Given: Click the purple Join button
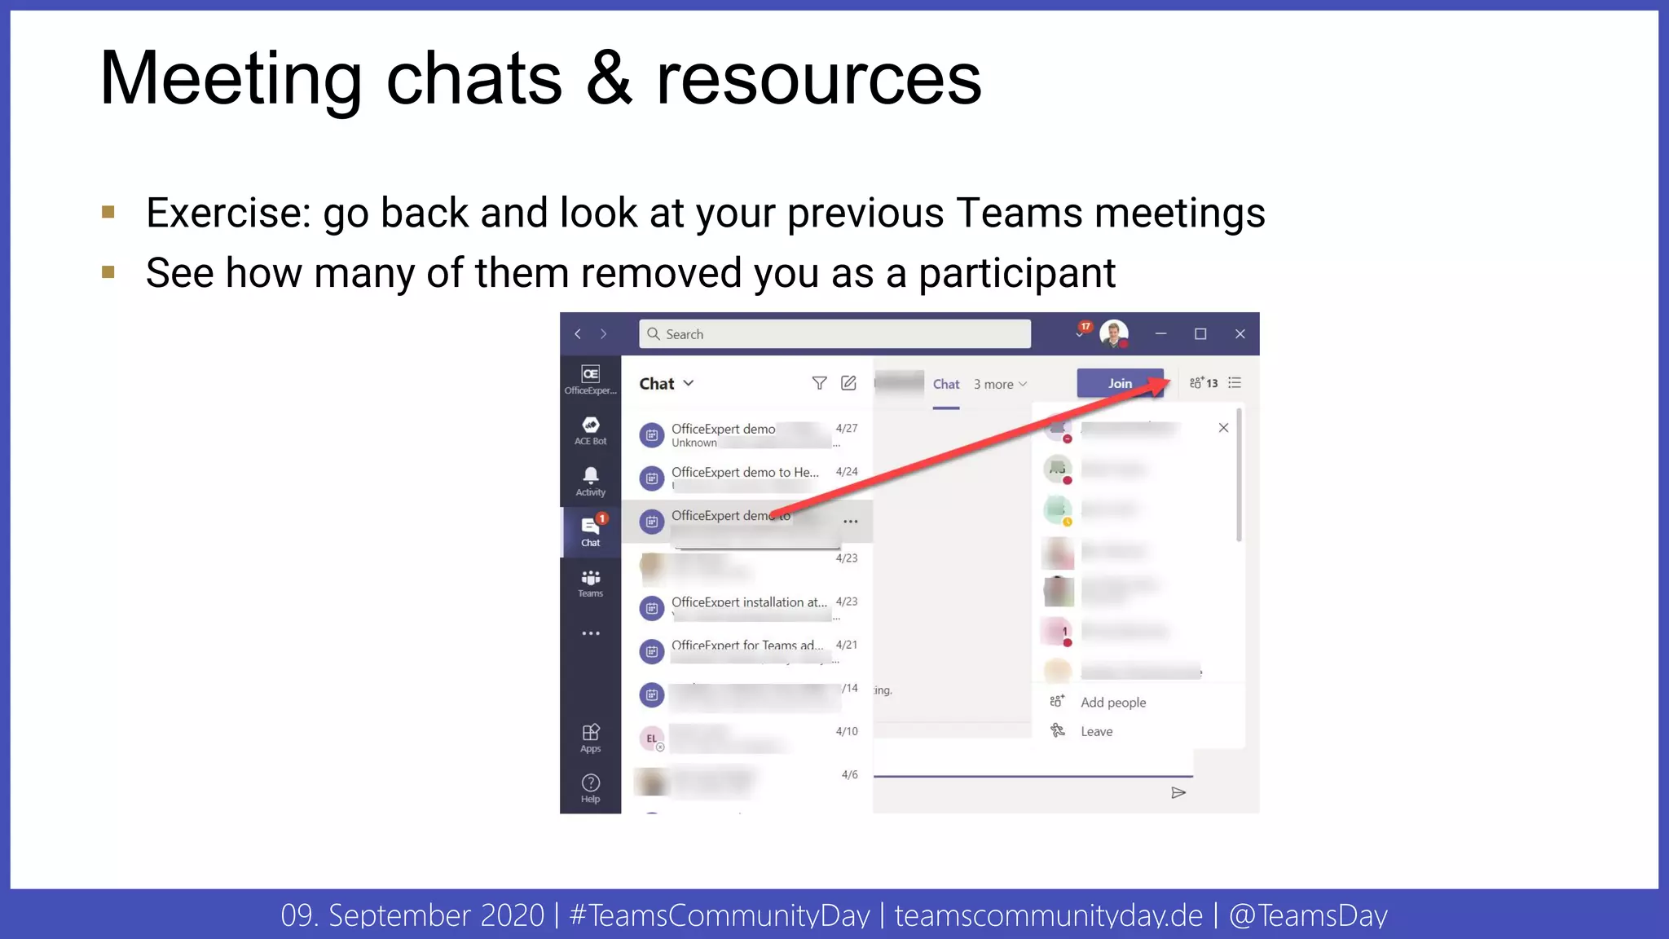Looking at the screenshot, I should click(1120, 383).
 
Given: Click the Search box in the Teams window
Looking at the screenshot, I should click(834, 334).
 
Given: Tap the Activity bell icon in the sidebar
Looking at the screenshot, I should click(591, 479).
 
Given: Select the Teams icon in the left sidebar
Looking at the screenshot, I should click(591, 582).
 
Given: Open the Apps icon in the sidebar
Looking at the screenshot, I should click(591, 736).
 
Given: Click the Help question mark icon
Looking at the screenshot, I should click(591, 787).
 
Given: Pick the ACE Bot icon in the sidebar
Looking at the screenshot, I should click(591, 429).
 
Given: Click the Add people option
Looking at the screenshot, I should click(1112, 703).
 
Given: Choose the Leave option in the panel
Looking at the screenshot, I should click(1096, 732).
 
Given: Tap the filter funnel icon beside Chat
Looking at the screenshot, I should click(819, 383).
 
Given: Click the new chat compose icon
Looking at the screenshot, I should click(848, 383).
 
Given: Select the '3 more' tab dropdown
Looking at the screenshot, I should click(1000, 385).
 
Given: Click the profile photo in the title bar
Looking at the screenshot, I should click(1113, 333).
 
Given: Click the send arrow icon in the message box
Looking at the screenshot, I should click(1178, 793).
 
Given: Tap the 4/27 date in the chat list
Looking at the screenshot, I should click(847, 429).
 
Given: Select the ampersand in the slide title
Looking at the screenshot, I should click(609, 79).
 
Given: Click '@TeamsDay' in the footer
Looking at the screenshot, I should click(1308, 915).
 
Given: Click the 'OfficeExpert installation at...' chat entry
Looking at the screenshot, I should click(748, 603).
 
